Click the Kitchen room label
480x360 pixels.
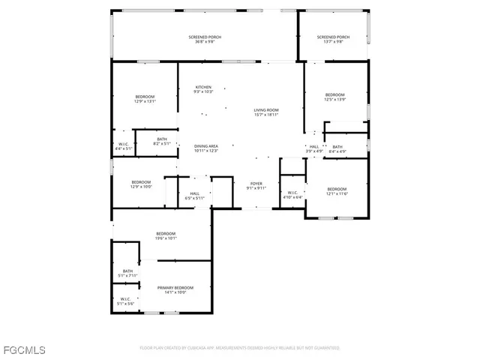pyautogui.click(x=204, y=88)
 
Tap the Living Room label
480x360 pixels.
pyautogui.click(x=265, y=112)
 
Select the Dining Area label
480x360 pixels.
pyautogui.click(x=205, y=148)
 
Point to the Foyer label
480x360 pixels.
pyautogui.click(x=256, y=185)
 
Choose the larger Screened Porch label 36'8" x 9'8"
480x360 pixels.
pyautogui.click(x=204, y=40)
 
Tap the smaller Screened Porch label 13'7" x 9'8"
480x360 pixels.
pyautogui.click(x=333, y=40)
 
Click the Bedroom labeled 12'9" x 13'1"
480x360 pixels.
pyautogui.click(x=145, y=100)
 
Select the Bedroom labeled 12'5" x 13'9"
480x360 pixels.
pyautogui.click(x=334, y=97)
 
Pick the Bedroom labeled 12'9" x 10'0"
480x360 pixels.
pyautogui.click(x=141, y=184)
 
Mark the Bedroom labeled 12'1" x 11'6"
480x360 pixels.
pyautogui.click(x=337, y=191)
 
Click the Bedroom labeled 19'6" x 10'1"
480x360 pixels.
pyautogui.click(x=166, y=235)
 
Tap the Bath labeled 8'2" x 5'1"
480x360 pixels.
pyautogui.click(x=162, y=141)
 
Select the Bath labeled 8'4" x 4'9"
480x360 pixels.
pyautogui.click(x=337, y=148)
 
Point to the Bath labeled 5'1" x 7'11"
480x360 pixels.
pyautogui.click(x=127, y=273)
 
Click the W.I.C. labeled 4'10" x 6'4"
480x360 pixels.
pyautogui.click(x=292, y=195)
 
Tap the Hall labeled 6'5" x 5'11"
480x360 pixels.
pyautogui.click(x=194, y=196)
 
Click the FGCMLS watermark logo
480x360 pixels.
pyautogui.click(x=24, y=349)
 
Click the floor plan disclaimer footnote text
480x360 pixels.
pyautogui.click(x=239, y=348)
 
